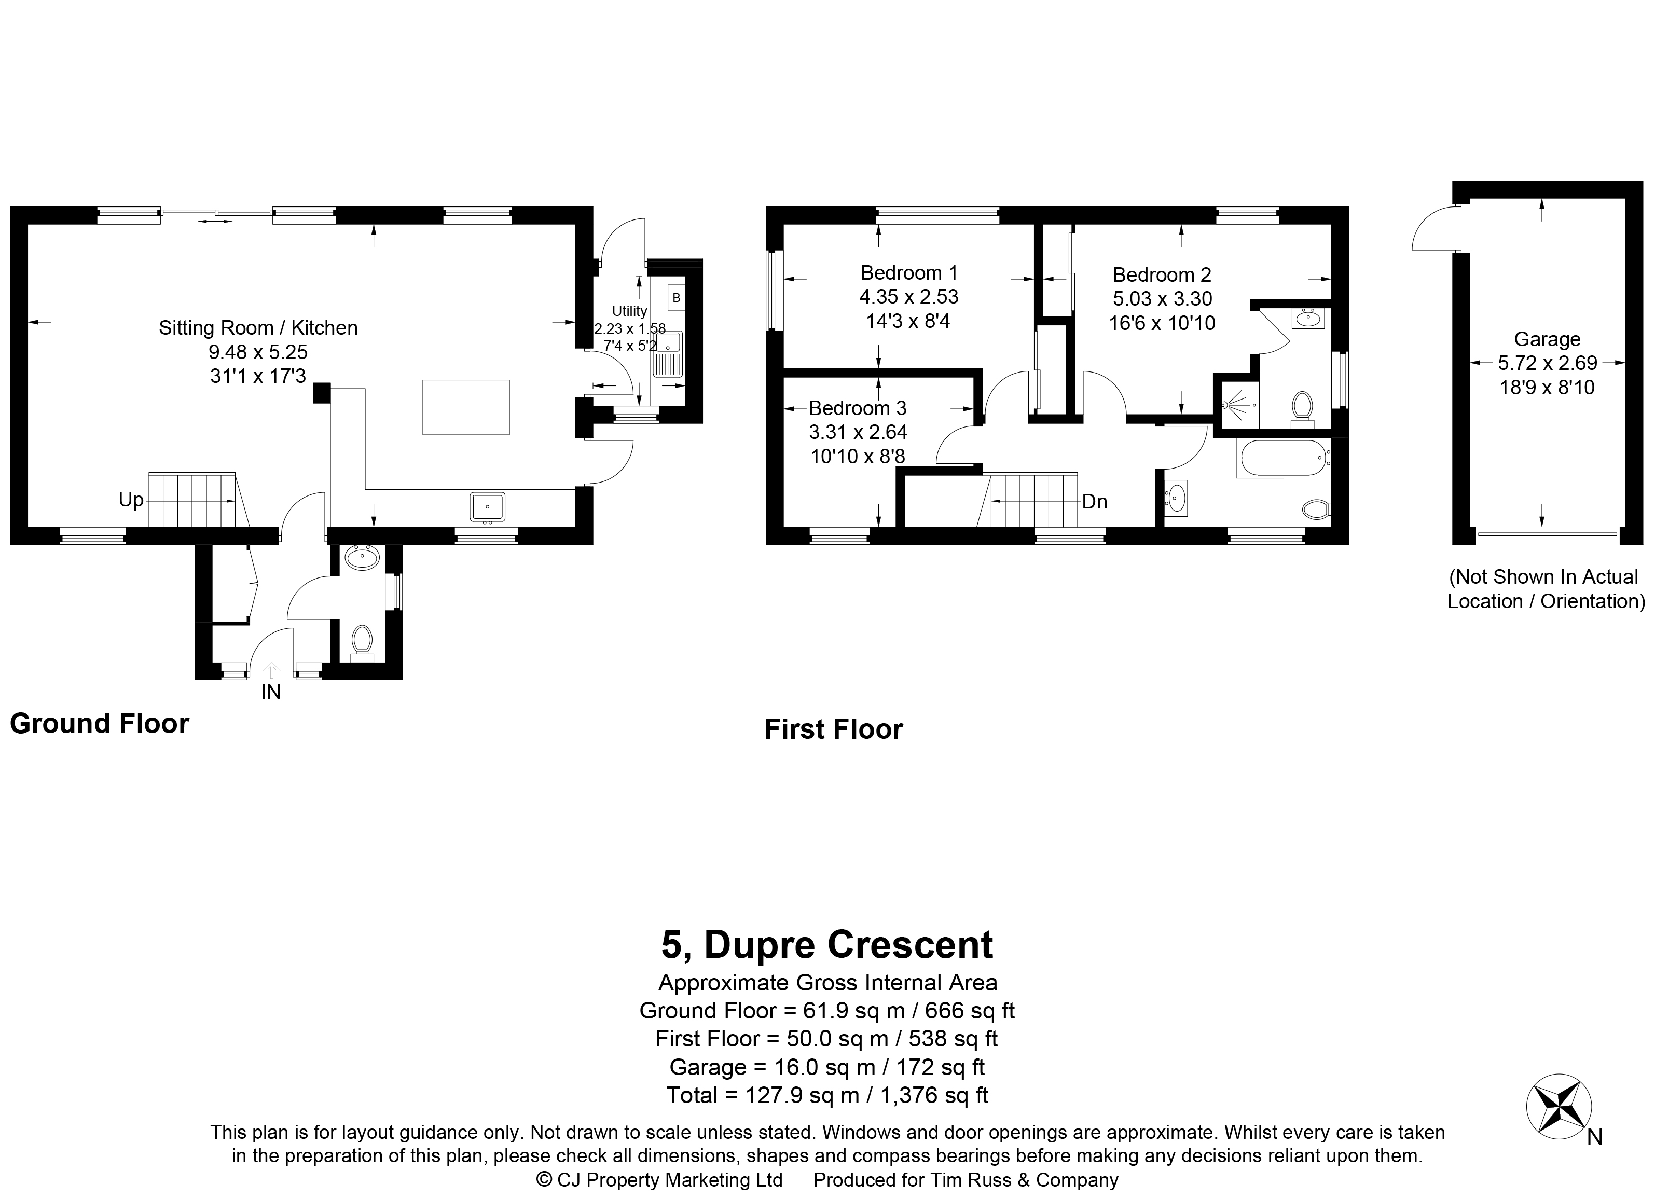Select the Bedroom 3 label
pos(858,408)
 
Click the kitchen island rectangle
pos(465,407)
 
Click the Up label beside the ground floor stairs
pos(131,500)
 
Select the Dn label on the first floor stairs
pos(1095,502)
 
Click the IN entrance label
pos(271,692)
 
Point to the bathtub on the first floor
pos(1284,458)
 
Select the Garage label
pos(1547,339)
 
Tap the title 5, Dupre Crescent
pos(827,945)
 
